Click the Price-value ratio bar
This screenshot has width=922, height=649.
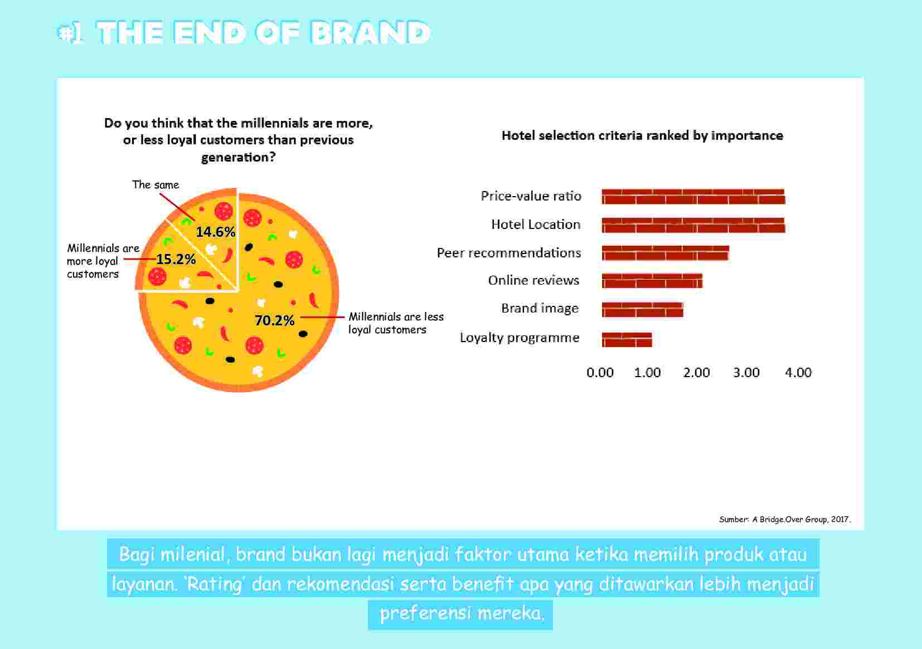pos(693,197)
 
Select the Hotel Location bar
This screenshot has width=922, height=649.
pos(693,225)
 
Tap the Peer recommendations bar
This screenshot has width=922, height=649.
pos(665,253)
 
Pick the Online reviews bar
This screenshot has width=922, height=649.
pos(652,281)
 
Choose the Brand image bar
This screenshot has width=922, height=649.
pos(642,309)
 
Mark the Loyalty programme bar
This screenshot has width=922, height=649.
pos(627,339)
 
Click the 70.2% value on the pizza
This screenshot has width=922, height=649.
pos(274,321)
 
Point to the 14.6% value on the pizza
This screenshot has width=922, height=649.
pos(215,232)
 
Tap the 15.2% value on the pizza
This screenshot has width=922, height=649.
pos(176,259)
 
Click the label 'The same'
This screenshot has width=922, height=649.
pos(156,185)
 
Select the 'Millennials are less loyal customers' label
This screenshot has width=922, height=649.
pos(396,323)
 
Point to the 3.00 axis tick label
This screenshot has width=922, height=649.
pos(746,373)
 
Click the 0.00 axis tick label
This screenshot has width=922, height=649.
pos(600,373)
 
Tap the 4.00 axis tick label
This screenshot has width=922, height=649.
pos(798,373)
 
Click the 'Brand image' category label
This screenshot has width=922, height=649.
pos(540,309)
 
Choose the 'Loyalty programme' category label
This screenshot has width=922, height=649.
pos(520,338)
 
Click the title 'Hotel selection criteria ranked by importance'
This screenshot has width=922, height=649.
pos(642,135)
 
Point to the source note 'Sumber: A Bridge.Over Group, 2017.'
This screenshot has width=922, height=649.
pos(785,519)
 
